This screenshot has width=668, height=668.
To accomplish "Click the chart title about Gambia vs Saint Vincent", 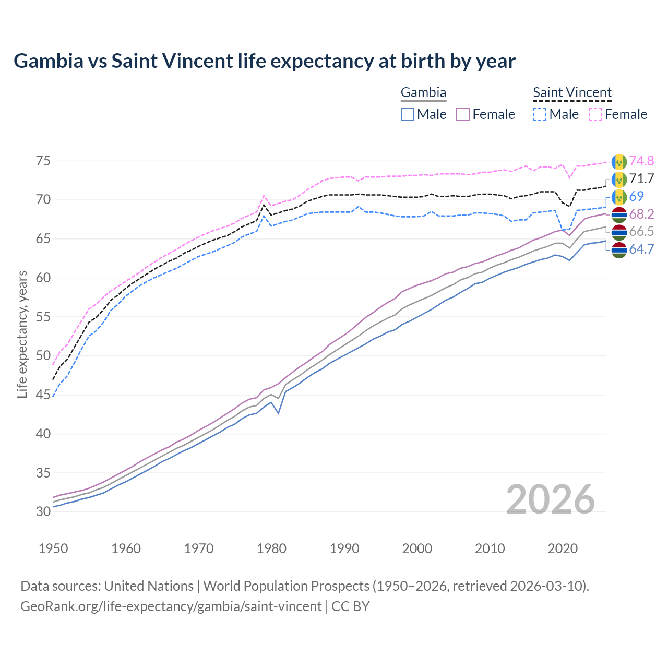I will coord(265,61).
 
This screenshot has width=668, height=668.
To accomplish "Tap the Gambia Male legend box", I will coord(408,114).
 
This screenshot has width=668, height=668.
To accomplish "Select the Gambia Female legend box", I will coord(463,114).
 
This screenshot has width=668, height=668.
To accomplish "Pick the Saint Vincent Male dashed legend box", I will coord(540,114).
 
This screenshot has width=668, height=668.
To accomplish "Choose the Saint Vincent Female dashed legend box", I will coord(595,114).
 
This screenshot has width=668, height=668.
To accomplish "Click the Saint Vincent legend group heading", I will coord(572,93).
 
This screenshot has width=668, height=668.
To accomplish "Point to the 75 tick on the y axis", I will coord(43,161).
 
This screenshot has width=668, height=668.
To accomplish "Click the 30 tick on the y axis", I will coord(43,511).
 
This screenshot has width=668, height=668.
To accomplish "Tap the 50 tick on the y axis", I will coord(43,356).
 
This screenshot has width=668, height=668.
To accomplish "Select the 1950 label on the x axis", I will coord(53,548).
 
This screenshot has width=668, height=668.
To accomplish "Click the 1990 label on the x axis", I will coord(344,548).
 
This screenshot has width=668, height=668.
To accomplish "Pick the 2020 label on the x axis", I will coord(563,548).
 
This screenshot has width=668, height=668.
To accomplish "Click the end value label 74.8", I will coord(641,161).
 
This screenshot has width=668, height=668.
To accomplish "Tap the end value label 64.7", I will coord(641,249).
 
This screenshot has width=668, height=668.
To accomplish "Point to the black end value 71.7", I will coord(641,178).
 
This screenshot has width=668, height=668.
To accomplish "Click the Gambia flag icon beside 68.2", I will coord(619,214).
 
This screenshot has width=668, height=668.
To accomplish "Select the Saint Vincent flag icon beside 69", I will coord(619,197).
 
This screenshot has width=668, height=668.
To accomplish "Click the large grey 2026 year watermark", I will coord(551,499).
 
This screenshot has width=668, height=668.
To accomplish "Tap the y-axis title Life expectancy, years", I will coord(22,334).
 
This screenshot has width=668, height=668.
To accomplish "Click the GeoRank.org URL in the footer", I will coord(171,606).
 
